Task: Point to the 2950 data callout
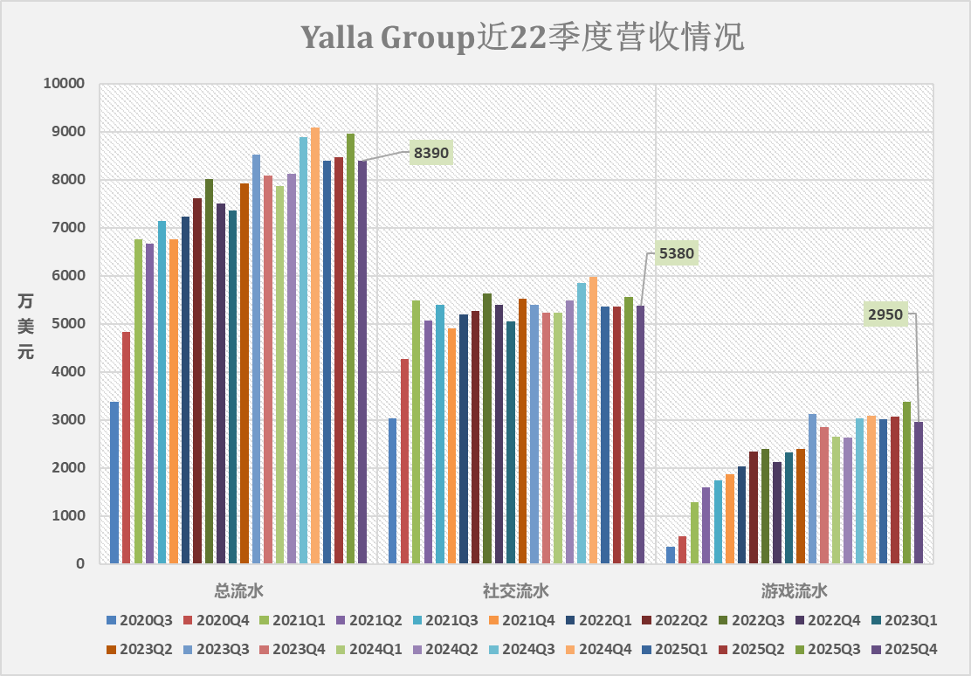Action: click(885, 314)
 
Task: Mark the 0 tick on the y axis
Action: click(80, 564)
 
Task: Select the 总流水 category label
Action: click(238, 591)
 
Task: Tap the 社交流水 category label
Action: click(516, 591)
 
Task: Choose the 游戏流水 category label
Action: click(794, 591)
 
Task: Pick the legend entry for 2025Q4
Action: click(905, 649)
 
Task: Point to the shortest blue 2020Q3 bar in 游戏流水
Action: click(671, 555)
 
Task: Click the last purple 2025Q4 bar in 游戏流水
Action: click(919, 493)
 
